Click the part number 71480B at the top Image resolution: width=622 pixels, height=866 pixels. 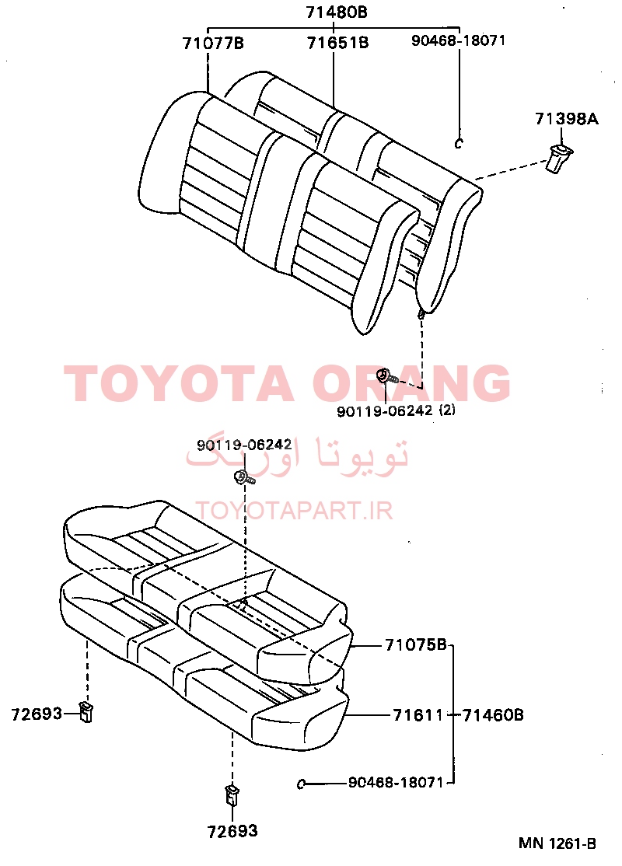click(x=337, y=12)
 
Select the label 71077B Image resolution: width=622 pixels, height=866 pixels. click(x=213, y=43)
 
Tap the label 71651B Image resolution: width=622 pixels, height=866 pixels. click(x=337, y=43)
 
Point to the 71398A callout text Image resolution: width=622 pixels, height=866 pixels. click(x=566, y=118)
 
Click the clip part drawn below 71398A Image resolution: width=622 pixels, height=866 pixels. click(x=559, y=157)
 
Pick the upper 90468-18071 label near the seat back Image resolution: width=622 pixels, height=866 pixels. click(x=458, y=40)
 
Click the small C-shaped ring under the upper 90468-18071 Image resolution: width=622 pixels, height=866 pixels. click(x=458, y=144)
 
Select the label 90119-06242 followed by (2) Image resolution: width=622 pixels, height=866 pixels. click(x=384, y=411)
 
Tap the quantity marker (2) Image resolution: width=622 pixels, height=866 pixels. click(x=447, y=410)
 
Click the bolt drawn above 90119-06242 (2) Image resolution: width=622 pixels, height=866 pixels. click(x=386, y=377)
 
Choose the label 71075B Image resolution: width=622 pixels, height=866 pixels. click(x=415, y=644)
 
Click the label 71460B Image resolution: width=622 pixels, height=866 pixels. click(x=493, y=715)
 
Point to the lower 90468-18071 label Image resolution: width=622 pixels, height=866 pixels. click(x=396, y=783)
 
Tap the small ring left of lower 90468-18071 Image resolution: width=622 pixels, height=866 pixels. click(x=301, y=784)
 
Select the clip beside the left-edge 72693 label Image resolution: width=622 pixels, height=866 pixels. click(x=86, y=711)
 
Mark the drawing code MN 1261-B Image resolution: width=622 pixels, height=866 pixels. click(x=557, y=844)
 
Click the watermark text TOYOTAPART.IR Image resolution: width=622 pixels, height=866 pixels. click(x=295, y=511)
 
